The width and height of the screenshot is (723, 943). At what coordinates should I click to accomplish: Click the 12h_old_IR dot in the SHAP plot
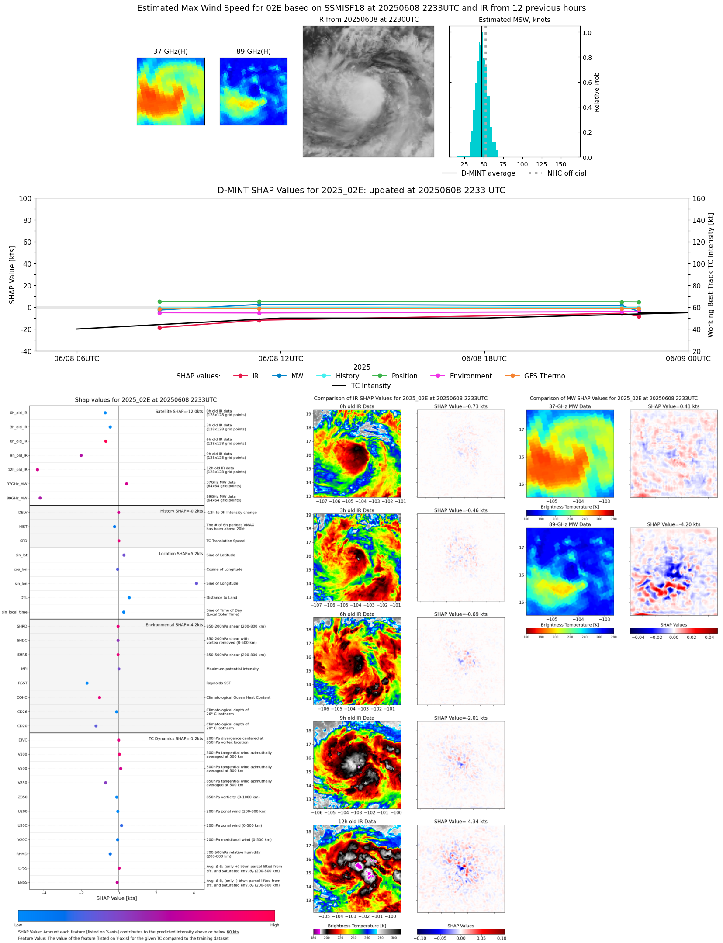[38, 470]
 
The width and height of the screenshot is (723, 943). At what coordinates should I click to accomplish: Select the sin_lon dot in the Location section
[197, 583]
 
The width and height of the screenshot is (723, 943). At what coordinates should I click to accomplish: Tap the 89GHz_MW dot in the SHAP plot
[40, 498]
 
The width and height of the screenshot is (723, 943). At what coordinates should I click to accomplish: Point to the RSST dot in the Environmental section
[87, 683]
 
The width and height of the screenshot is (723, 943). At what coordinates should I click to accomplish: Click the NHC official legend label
[567, 173]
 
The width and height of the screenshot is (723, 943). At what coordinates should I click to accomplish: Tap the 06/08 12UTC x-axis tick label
[280, 359]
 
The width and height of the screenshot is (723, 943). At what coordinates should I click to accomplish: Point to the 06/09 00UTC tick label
[688, 359]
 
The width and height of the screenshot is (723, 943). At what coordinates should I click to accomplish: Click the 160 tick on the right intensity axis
[699, 198]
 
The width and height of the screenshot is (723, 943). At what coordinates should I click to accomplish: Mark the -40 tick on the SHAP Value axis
[25, 351]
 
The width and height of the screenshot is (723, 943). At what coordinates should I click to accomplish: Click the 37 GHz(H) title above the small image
[170, 52]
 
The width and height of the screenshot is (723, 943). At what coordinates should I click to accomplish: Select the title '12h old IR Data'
[357, 822]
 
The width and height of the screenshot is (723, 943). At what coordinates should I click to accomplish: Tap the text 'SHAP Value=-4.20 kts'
[673, 524]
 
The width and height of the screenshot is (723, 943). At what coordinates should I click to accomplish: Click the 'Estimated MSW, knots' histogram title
[514, 20]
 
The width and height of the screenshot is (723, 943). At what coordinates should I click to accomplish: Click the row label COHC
[22, 697]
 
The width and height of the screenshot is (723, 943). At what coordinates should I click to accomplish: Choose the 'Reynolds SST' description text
[218, 683]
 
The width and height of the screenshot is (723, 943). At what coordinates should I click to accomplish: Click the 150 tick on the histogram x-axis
[560, 165]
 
